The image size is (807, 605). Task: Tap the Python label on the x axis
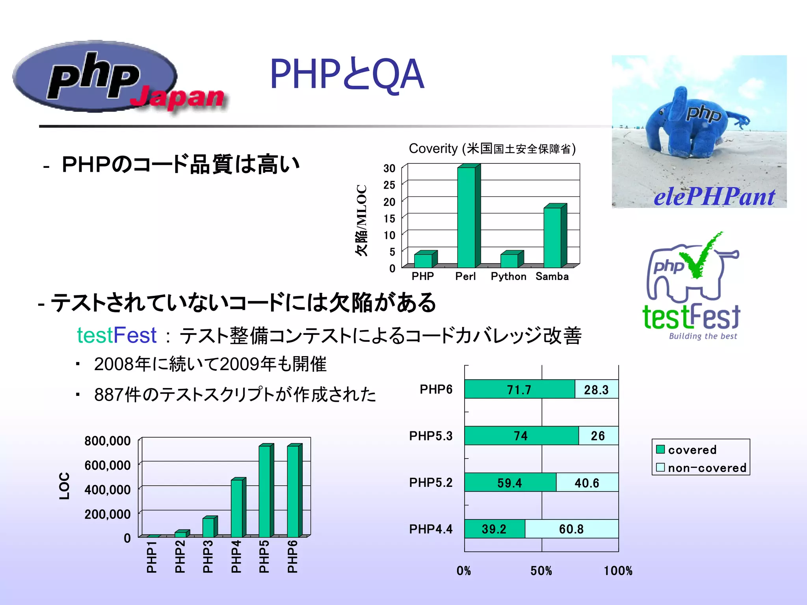[x=508, y=277]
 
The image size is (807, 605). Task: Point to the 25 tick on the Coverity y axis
[x=389, y=185]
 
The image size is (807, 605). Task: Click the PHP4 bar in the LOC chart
[x=237, y=508]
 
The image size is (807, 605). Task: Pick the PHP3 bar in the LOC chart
[x=208, y=527]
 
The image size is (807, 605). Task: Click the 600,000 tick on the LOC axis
[x=107, y=465]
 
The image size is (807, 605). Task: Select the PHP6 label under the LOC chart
[x=292, y=557]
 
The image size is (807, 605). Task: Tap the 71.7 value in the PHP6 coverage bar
[x=519, y=390]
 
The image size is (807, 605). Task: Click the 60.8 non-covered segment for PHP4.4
[x=571, y=529]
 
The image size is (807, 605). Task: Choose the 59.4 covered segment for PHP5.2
[x=509, y=483]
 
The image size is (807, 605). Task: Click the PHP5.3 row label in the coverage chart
[x=431, y=436]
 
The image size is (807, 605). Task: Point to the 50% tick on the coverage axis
[x=541, y=571]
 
